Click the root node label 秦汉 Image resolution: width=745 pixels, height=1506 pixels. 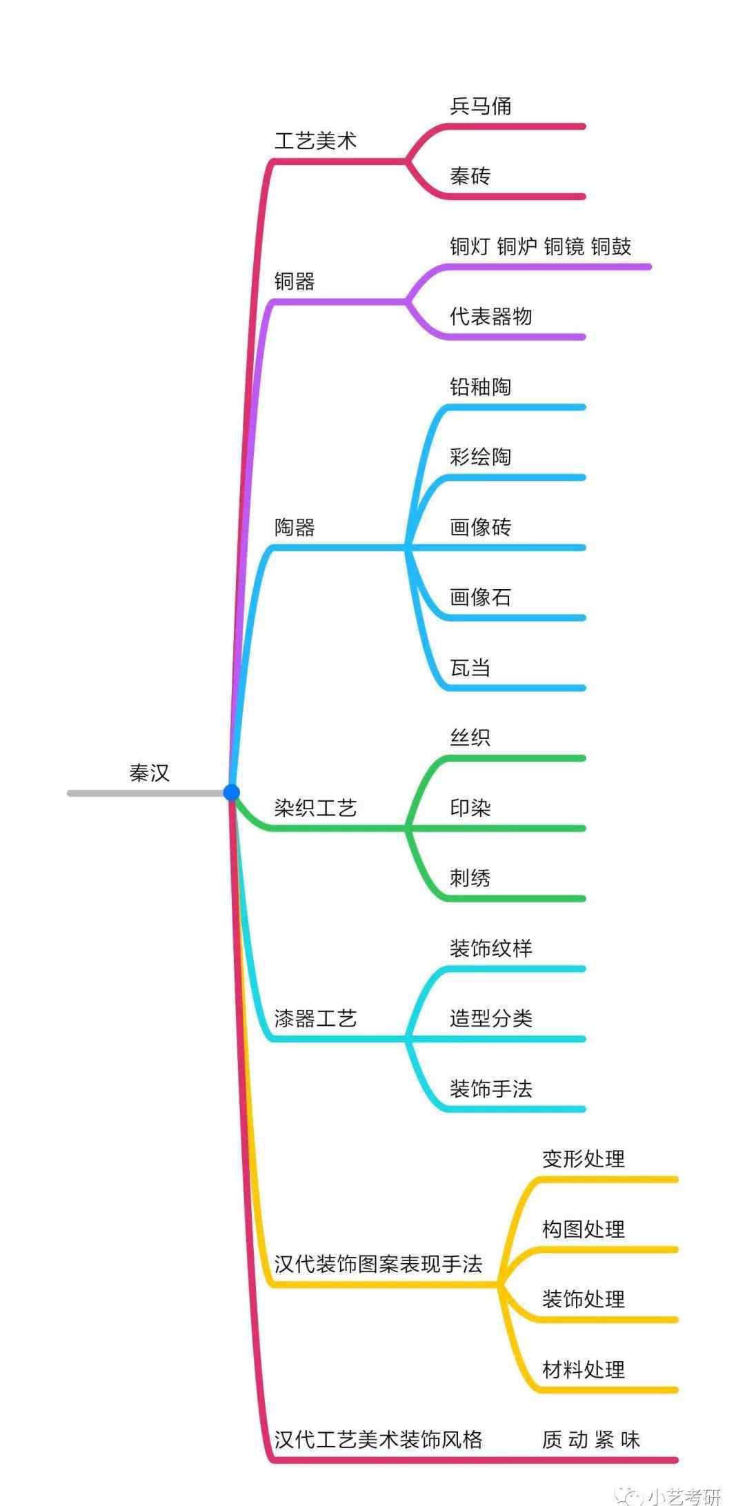point(149,773)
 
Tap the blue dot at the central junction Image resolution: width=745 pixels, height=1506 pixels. point(232,793)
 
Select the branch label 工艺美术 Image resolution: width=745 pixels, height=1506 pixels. point(315,141)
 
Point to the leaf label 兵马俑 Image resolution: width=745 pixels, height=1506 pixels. point(480,106)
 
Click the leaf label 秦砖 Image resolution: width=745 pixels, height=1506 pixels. point(470,177)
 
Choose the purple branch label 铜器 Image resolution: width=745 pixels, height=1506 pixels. point(295,281)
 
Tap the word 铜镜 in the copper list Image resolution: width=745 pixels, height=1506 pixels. point(564,247)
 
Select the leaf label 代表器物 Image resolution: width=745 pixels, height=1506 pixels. point(490,317)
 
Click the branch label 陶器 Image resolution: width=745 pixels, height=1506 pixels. point(295,528)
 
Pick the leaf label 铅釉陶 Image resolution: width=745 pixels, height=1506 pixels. point(480,387)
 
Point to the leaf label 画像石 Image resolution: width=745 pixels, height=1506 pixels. point(480,597)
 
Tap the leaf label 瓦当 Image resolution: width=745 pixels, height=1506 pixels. point(470,668)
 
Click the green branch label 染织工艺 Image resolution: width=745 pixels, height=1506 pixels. point(315,808)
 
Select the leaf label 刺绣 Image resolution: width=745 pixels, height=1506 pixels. point(470,878)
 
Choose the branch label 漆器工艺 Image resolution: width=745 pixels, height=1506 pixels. point(315,1018)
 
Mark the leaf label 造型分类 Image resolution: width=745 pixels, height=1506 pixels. point(490,1018)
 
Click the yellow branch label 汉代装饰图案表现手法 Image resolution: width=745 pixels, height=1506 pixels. point(378,1264)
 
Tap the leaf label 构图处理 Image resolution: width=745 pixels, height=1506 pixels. point(583,1229)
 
